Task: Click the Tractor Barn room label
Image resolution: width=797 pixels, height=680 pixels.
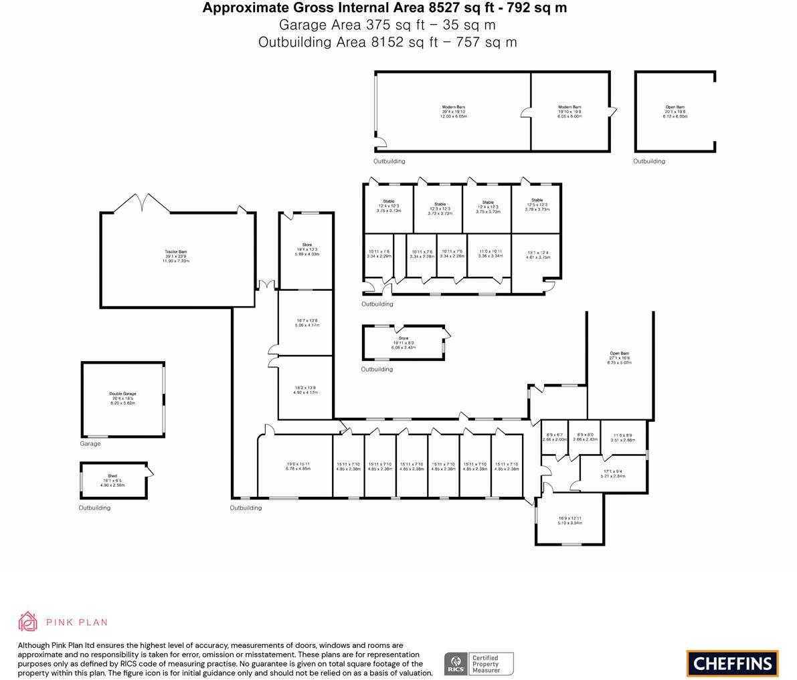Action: coord(176,256)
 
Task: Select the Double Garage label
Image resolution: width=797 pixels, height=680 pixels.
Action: coord(122,399)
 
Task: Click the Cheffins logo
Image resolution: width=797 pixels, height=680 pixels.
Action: coord(732,663)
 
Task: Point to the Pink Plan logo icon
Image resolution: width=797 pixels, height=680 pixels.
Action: coord(28,622)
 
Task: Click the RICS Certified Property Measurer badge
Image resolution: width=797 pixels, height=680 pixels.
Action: coord(478,664)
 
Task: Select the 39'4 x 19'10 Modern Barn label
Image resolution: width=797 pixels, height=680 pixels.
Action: coord(453,112)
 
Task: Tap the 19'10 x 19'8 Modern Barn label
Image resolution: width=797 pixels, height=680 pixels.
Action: coord(569,112)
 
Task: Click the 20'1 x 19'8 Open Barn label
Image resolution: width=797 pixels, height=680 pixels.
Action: coord(675,112)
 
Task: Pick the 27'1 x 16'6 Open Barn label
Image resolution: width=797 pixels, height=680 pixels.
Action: coord(619,358)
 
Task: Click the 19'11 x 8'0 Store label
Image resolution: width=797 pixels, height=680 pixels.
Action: coord(404,343)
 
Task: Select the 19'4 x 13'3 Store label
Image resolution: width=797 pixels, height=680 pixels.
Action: coord(307,249)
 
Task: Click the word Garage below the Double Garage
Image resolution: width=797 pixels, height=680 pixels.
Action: coord(90,444)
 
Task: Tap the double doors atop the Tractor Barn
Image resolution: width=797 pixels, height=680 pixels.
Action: coord(142,202)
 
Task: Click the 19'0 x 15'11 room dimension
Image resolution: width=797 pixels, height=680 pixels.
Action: coord(298,466)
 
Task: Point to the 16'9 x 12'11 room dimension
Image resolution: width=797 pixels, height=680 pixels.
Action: coord(570,520)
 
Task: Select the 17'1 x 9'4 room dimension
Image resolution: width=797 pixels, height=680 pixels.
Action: coord(612,473)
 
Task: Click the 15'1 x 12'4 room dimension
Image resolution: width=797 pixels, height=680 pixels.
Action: coord(537,255)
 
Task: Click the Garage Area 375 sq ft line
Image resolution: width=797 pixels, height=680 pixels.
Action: coord(387,25)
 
